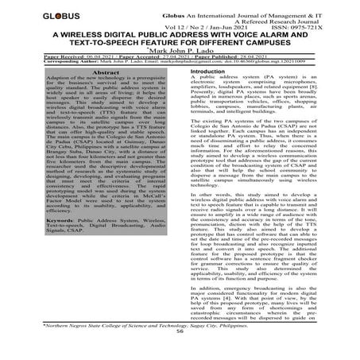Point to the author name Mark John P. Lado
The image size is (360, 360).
point(180,51)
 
